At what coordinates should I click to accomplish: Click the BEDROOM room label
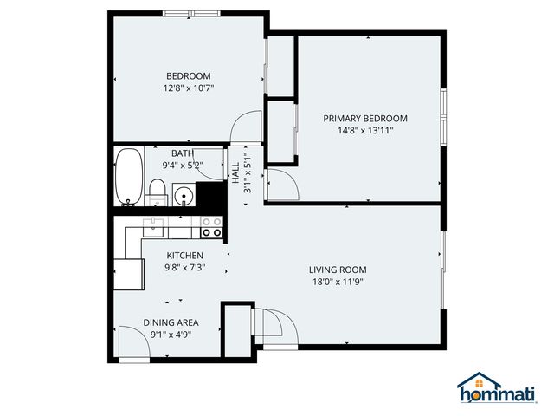tap(188, 75)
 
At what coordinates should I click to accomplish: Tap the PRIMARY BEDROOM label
tap(365, 119)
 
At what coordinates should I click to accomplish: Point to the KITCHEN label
tap(185, 256)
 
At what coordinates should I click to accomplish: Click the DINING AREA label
tap(171, 322)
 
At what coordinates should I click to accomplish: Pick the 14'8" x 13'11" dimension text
tap(365, 131)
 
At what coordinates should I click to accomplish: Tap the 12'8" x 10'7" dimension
tap(188, 88)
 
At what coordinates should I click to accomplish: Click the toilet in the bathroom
tap(157, 190)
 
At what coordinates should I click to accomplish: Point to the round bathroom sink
tap(184, 193)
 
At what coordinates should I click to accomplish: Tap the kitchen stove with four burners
tap(211, 227)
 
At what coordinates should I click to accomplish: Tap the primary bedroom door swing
tap(281, 185)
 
